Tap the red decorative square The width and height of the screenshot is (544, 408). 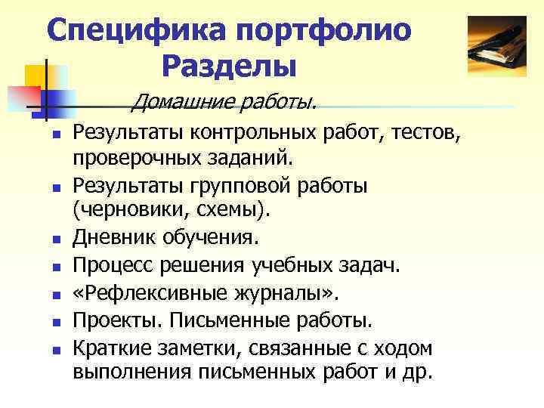(23, 97)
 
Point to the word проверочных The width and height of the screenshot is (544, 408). (130, 160)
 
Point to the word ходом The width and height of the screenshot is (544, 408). (401, 348)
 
